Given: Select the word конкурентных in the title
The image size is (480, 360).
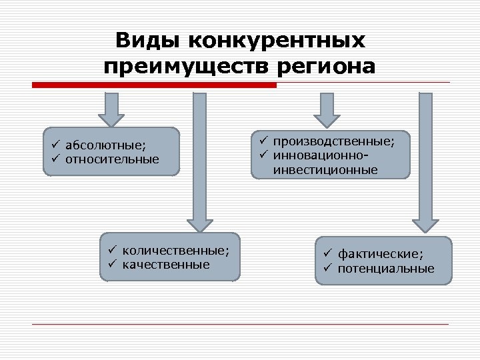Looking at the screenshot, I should [x=277, y=41].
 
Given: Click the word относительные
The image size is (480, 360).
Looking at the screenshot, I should [x=112, y=159].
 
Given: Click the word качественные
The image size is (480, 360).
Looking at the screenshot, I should [x=165, y=264].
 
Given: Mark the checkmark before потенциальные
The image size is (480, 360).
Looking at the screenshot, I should [x=328, y=268].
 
